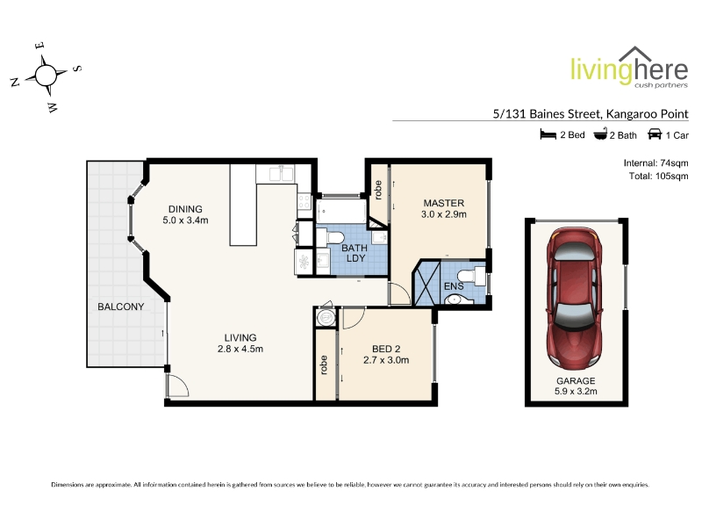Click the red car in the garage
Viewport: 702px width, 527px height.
tap(575, 297)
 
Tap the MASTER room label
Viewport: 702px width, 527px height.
tap(444, 203)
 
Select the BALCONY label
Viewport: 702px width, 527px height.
tap(121, 307)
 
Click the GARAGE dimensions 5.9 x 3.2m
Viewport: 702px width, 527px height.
tap(576, 391)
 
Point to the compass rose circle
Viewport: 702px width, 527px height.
tap(46, 76)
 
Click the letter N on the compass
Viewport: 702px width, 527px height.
tap(15, 82)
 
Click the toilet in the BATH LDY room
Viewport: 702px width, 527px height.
tap(332, 235)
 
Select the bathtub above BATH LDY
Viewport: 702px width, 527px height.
tap(341, 211)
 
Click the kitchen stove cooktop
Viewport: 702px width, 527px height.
tap(304, 201)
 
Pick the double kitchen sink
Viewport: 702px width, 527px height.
tap(281, 173)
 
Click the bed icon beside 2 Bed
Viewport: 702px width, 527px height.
tap(548, 134)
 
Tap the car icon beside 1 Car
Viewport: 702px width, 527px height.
tap(655, 134)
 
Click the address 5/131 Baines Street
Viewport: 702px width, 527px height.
tap(546, 114)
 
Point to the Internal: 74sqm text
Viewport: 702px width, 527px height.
tap(655, 163)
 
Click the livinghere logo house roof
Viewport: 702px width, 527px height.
tap(635, 54)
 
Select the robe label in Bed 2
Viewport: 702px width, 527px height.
tap(324, 365)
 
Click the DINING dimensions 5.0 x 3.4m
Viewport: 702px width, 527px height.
tap(185, 220)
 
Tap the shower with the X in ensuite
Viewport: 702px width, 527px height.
tap(427, 284)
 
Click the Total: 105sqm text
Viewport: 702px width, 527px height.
tap(659, 177)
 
